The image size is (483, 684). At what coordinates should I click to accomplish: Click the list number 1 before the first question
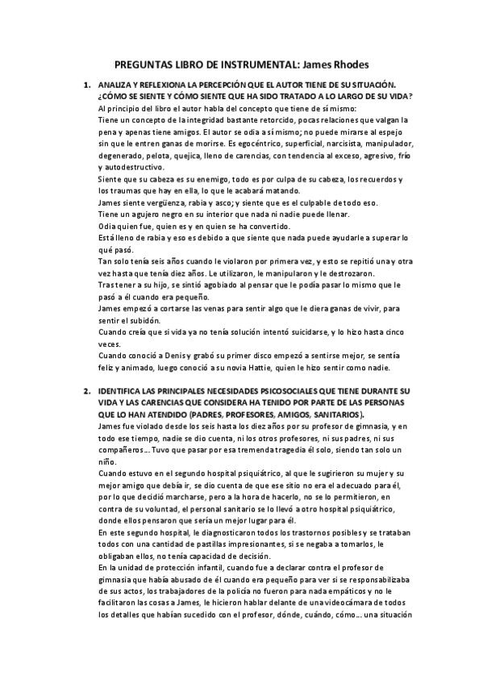(86, 85)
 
